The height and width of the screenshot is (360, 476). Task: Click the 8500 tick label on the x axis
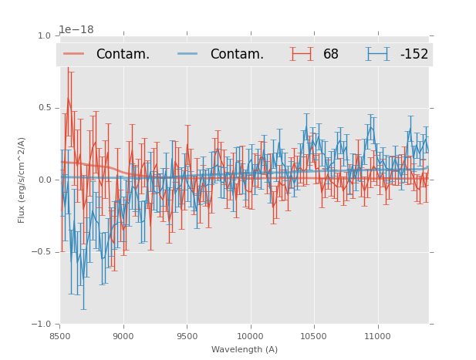click(x=60, y=336)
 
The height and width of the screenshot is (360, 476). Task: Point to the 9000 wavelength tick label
click(x=123, y=336)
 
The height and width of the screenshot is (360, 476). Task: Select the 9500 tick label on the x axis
click(x=187, y=336)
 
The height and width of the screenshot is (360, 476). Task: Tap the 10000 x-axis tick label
click(x=250, y=336)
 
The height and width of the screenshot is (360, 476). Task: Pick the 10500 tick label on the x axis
click(x=313, y=336)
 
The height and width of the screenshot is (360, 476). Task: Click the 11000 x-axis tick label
click(x=376, y=336)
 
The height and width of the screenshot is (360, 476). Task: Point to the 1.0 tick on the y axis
click(x=44, y=35)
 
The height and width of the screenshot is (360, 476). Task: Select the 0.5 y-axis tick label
click(x=44, y=108)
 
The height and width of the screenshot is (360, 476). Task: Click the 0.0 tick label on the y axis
click(x=44, y=180)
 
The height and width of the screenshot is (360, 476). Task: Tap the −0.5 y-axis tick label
click(x=42, y=252)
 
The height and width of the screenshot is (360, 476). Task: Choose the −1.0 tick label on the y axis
click(x=42, y=325)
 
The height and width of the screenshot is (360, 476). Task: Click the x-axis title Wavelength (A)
click(x=245, y=349)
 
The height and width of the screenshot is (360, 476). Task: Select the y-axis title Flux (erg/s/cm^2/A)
click(x=22, y=180)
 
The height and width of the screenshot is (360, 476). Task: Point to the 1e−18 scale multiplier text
click(x=76, y=29)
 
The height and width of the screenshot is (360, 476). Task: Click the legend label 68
click(x=331, y=54)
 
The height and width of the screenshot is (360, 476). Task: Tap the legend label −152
click(x=414, y=54)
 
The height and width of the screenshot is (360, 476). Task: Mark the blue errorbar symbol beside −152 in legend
click(x=378, y=54)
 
